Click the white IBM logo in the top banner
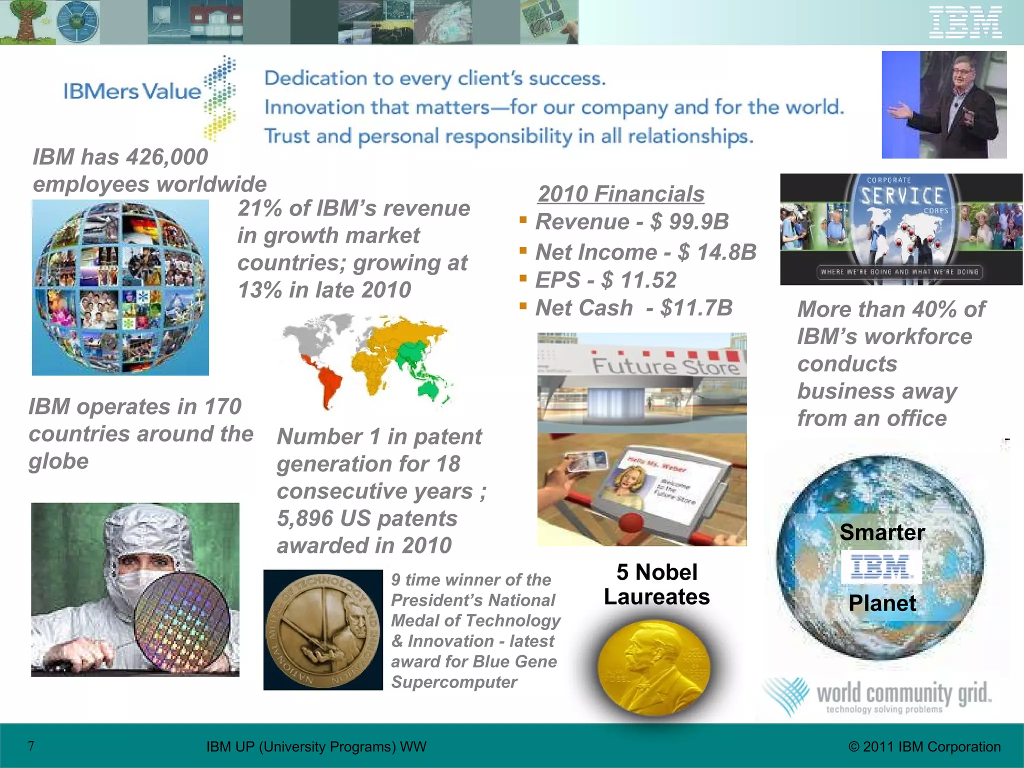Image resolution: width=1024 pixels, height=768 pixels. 965,22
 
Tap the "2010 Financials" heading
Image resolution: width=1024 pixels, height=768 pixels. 621,194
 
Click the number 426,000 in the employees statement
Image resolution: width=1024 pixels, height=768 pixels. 167,157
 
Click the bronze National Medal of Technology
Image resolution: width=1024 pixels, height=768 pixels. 323,630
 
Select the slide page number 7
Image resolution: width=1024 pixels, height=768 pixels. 31,746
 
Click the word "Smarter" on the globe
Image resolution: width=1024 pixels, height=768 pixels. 882,532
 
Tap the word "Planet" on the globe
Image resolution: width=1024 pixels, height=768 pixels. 882,603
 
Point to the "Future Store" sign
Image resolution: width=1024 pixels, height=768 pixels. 665,366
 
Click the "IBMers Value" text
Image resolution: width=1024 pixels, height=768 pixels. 132,91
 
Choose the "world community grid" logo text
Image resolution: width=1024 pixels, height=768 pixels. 903,694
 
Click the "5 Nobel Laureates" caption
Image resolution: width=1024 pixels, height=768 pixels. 656,584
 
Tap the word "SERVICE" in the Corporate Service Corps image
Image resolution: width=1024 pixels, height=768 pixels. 901,196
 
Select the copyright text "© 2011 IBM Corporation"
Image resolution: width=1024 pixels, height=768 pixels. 924,746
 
